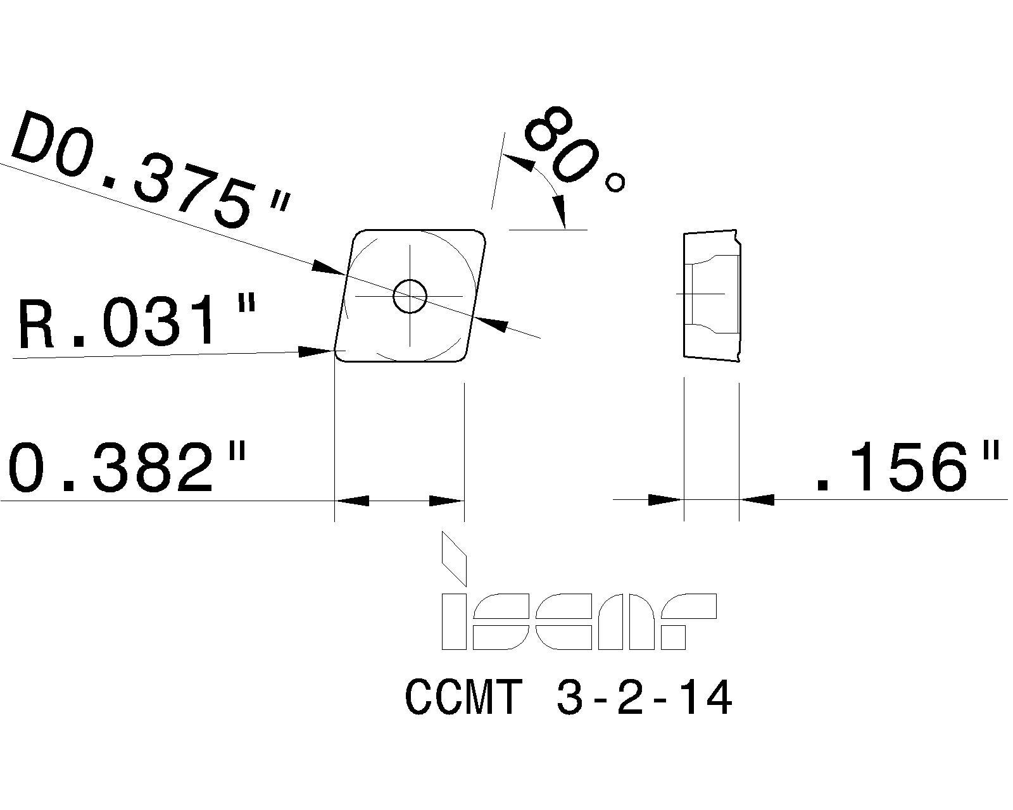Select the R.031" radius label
point(136,324)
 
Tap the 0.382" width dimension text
point(127,468)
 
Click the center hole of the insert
point(410,296)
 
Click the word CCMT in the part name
point(463,697)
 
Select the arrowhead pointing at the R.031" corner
point(317,351)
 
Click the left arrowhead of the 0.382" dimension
point(352,501)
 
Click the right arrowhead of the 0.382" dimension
point(446,501)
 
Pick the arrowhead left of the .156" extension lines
point(665,500)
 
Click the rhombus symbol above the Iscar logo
point(453,558)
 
